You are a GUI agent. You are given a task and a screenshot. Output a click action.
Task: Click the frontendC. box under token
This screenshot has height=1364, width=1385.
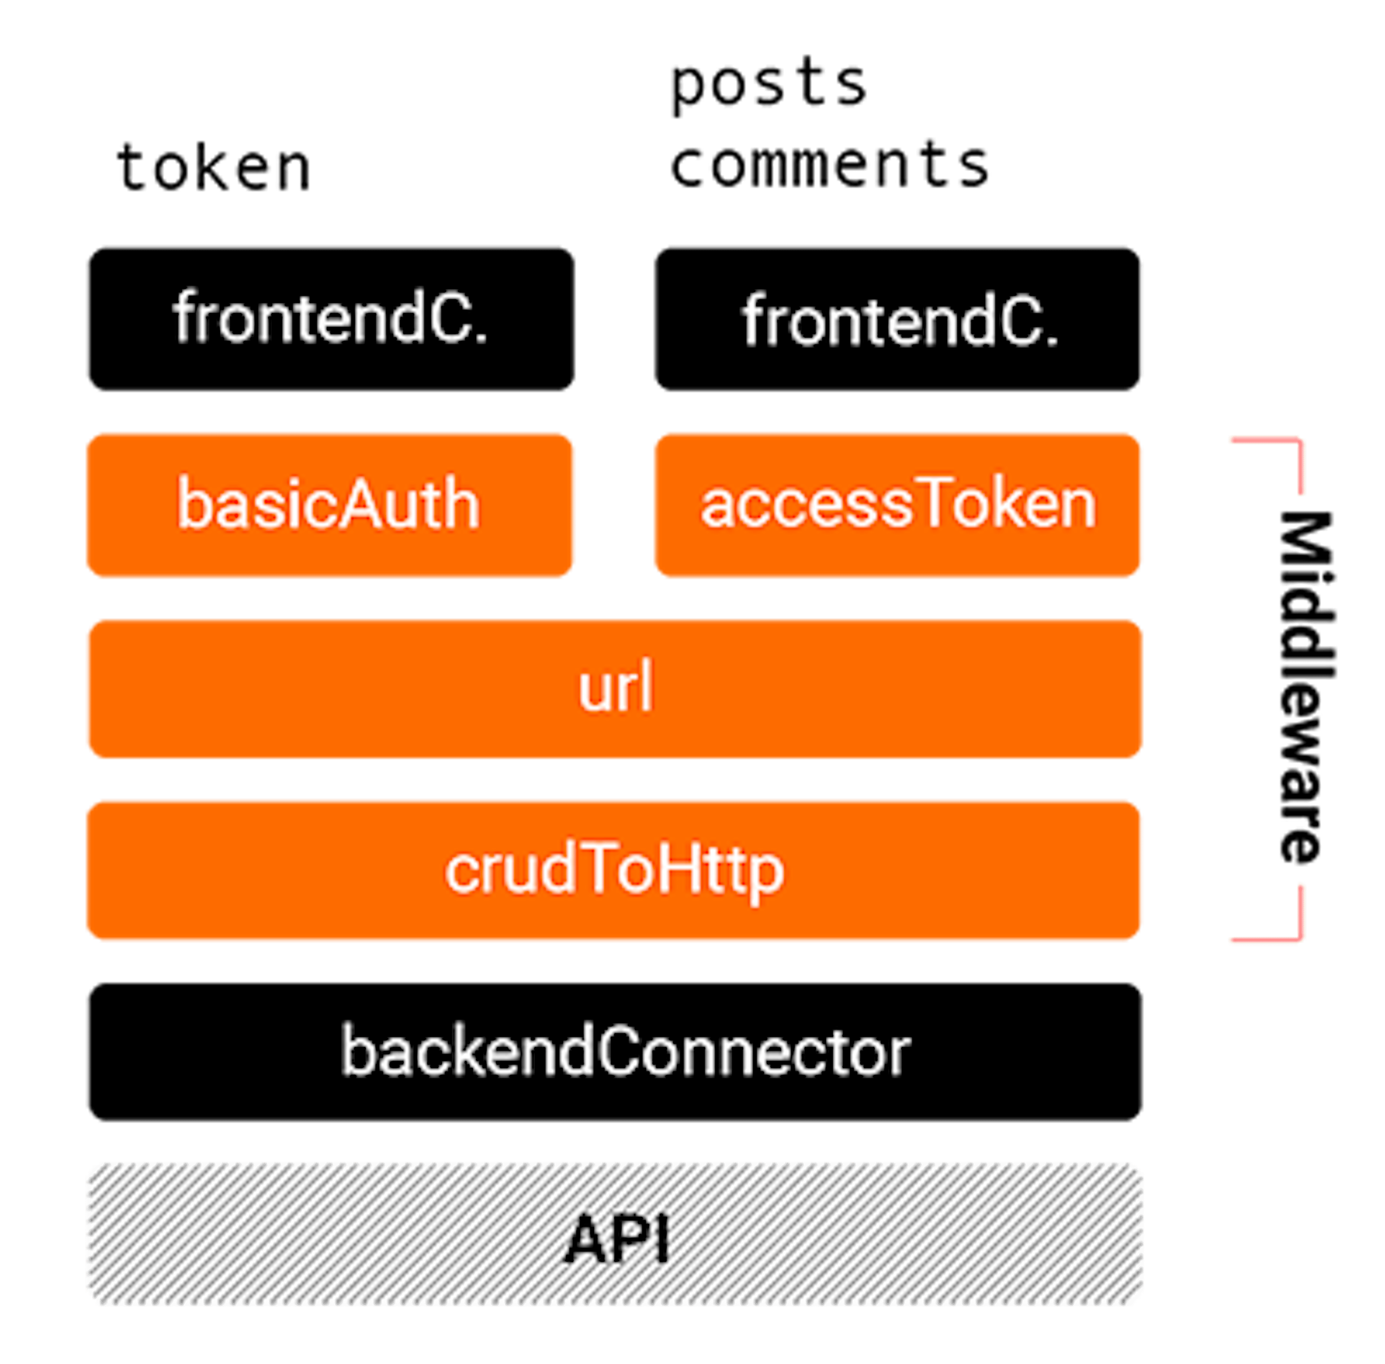tap(330, 318)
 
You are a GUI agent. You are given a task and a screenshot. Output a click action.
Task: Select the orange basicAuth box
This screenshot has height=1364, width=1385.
tap(330, 504)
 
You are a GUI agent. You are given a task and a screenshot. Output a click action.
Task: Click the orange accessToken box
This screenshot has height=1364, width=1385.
tap(898, 504)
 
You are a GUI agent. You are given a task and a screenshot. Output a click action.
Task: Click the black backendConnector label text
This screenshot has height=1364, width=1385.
tap(625, 1052)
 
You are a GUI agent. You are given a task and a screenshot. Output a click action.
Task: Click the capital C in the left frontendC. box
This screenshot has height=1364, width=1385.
tap(449, 318)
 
